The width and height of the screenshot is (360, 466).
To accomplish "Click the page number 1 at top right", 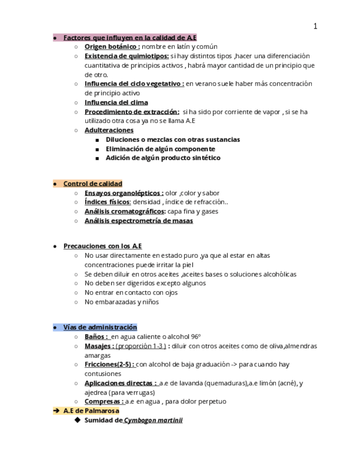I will pos(315,26).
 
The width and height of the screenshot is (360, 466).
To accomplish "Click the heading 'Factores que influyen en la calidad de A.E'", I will pos(130,37).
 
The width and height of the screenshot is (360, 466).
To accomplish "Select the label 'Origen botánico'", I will pos(112,47).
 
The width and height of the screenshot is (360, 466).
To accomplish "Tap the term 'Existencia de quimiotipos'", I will pos(126,56).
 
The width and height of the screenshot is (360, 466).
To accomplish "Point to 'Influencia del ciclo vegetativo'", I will pos(134,84).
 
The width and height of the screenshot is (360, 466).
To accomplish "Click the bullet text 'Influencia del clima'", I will pos(116,103).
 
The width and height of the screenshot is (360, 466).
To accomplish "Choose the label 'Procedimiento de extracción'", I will pos(132,112).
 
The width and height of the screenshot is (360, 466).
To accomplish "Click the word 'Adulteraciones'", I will pos(109,131).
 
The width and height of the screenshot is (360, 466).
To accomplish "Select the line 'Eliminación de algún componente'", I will pos(160,149).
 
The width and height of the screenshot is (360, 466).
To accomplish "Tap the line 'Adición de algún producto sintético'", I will pos(163,158).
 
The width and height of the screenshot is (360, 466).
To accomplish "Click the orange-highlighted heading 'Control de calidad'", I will pos(92,184).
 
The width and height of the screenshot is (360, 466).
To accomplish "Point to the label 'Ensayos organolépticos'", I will pos(124,193).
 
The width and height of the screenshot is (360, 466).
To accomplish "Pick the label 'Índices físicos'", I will pos(107,202).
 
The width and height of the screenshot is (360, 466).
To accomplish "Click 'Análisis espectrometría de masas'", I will pos(139,221).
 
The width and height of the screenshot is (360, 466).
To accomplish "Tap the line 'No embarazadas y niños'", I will pos(121,302).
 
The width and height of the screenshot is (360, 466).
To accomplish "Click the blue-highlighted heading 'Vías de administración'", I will pos(100,328).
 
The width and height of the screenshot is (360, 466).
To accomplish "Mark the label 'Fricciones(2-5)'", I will pos(109,364).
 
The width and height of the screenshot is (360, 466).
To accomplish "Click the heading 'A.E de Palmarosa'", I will pos(91,410).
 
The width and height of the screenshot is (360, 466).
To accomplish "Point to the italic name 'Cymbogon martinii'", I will pos(153,420).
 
